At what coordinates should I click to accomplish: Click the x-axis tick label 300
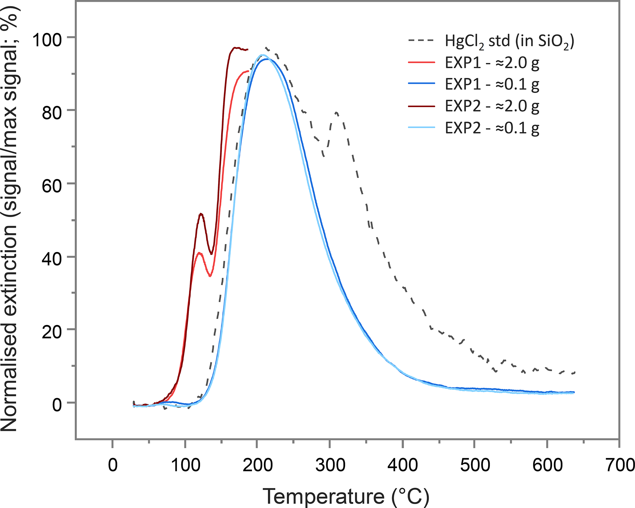point(330,465)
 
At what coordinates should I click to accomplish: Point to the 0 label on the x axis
point(113,465)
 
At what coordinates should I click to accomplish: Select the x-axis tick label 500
point(475,465)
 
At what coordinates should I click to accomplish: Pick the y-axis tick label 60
point(52,186)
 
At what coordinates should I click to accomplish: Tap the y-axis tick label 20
point(52,332)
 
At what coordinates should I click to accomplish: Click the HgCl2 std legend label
point(509,41)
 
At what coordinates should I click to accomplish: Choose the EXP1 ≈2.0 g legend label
point(492,63)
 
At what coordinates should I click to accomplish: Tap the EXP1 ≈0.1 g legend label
point(492,84)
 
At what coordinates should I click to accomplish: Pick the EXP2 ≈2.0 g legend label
point(492,106)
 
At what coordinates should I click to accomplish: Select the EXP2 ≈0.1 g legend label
point(492,128)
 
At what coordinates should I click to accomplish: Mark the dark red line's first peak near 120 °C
point(201,214)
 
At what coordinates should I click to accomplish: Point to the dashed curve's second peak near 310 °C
point(337,113)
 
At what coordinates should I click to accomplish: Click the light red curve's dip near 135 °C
point(210,276)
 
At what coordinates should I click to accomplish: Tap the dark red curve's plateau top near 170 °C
point(235,48)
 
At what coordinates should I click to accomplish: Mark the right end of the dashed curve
point(574,372)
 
